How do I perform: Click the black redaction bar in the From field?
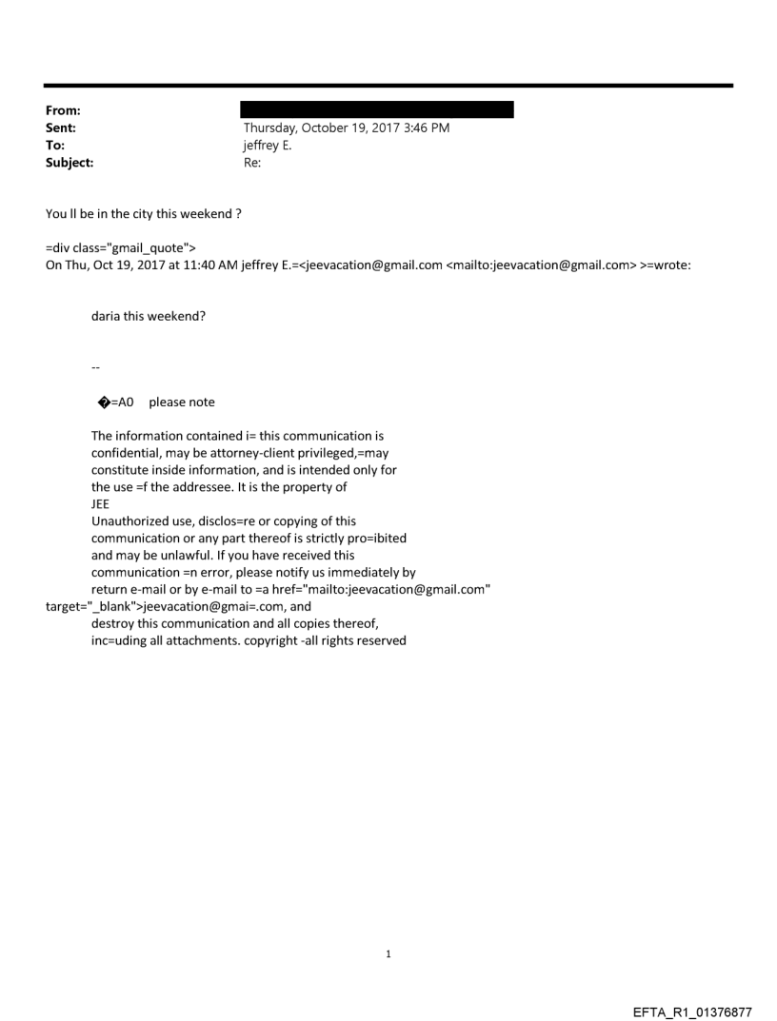coord(377,109)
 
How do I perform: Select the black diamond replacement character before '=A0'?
coord(103,403)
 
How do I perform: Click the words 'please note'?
coord(182,403)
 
